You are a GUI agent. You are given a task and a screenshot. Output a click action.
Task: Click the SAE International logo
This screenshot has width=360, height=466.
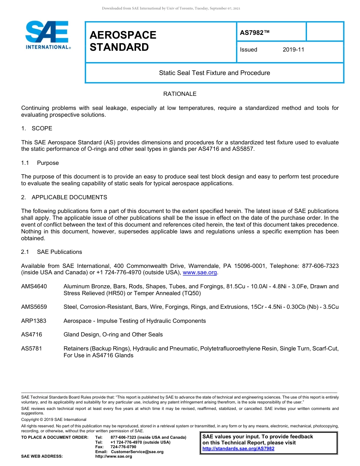tap(47, 35)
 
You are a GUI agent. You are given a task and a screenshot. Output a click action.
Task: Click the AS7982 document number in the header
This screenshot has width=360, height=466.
tap(255, 33)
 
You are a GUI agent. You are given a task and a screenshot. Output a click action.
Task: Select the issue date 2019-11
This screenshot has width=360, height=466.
tap(293, 50)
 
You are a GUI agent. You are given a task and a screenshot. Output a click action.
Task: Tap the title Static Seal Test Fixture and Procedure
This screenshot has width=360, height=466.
tap(214, 73)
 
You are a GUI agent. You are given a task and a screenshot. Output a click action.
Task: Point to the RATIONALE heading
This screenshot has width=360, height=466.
tap(180, 94)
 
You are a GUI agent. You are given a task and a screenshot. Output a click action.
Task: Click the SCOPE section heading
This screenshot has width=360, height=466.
tap(42, 128)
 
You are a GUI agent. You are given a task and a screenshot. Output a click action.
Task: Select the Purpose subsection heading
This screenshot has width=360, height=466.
tap(48, 163)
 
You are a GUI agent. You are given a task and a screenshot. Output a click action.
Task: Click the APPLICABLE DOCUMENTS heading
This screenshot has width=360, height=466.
tap(69, 197)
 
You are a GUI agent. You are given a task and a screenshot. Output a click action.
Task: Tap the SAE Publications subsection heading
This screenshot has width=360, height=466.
tap(59, 252)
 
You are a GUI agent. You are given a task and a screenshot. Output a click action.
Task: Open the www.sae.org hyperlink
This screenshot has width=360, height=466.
tap(200, 272)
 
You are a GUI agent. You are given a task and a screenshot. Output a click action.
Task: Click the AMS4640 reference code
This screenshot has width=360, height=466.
tap(34, 286)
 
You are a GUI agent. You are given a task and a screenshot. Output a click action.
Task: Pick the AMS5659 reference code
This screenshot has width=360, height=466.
tap(34, 307)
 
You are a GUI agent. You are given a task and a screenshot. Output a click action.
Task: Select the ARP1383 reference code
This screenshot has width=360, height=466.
tap(34, 321)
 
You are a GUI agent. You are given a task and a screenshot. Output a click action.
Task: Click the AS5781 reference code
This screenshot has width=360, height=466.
tap(32, 349)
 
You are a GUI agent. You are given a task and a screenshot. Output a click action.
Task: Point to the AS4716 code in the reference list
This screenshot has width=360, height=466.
tap(32, 335)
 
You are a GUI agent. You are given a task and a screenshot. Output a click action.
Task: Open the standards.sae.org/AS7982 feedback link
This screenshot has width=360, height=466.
tap(238, 449)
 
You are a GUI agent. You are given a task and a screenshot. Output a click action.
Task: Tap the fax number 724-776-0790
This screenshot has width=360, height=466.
tap(123, 447)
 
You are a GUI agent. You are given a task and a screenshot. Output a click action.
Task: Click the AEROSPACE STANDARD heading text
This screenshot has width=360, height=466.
tap(123, 41)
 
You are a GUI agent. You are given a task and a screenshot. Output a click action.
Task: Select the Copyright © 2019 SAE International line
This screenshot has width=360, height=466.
tap(54, 419)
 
